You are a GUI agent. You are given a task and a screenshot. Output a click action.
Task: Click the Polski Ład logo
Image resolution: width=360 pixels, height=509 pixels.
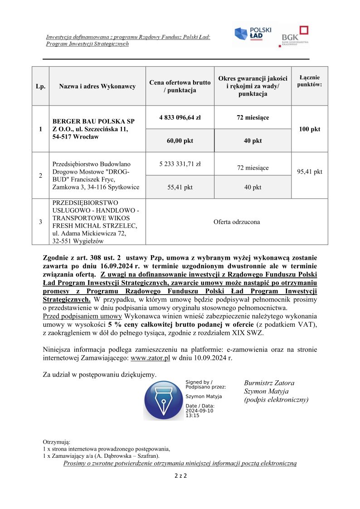pyautogui.click(x=253, y=35)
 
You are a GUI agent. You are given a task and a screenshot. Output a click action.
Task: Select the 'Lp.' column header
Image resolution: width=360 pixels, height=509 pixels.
pyautogui.click(x=41, y=86)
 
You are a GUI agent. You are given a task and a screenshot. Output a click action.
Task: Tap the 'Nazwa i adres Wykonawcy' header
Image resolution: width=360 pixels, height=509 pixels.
pyautogui.click(x=97, y=86)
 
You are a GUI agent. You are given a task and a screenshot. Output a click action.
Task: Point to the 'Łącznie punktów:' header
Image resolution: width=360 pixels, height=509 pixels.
pyautogui.click(x=310, y=81)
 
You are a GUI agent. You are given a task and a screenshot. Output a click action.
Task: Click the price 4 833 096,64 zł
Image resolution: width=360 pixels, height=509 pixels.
pyautogui.click(x=180, y=117)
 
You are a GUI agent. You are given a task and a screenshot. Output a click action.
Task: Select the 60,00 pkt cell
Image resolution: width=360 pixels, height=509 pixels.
pyautogui.click(x=180, y=141)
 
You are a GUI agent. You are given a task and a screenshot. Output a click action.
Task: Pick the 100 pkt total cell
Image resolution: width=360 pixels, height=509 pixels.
pyautogui.click(x=310, y=129)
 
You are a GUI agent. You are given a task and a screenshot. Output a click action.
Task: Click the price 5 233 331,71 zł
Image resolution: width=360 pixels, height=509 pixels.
pyautogui.click(x=180, y=164)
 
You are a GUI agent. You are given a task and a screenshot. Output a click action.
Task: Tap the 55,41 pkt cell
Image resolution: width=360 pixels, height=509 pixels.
pyautogui.click(x=180, y=187)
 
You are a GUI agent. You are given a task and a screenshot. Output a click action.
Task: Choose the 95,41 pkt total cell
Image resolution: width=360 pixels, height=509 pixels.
pyautogui.click(x=310, y=172)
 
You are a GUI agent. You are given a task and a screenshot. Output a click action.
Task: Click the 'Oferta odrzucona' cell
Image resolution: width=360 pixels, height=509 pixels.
pyautogui.click(x=237, y=222)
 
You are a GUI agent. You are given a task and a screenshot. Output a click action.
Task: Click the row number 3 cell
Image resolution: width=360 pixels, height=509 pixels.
pyautogui.click(x=41, y=222)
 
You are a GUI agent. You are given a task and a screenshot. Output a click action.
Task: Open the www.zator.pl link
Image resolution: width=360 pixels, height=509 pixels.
pyautogui.click(x=150, y=358)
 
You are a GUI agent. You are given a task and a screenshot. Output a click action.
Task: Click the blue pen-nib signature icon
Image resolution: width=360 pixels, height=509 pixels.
pyautogui.click(x=163, y=400)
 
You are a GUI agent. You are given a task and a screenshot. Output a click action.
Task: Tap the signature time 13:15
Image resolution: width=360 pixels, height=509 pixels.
pyautogui.click(x=192, y=415)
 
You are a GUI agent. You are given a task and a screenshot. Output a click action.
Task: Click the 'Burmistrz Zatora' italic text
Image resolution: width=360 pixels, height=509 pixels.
pyautogui.click(x=269, y=383)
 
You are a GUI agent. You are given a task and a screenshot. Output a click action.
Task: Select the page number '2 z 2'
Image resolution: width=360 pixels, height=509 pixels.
pyautogui.click(x=180, y=476)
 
